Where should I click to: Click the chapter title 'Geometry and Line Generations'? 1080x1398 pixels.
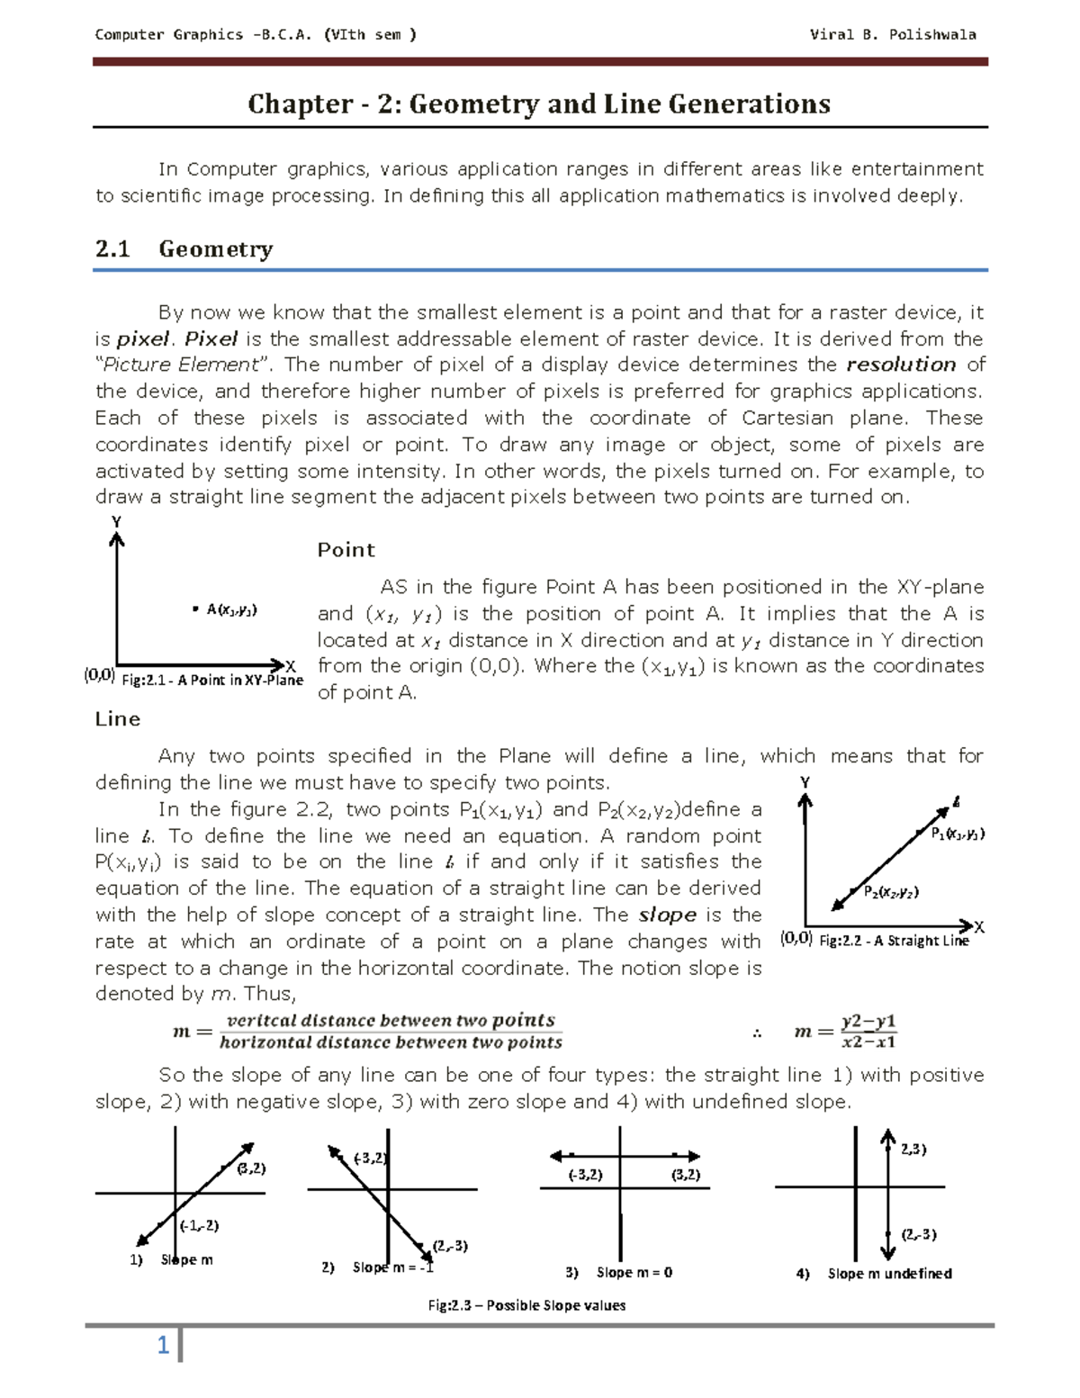pyautogui.click(x=539, y=104)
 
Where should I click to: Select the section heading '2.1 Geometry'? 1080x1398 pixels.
pyautogui.click(x=184, y=248)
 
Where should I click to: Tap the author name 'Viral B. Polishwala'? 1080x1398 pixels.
pyautogui.click(x=892, y=35)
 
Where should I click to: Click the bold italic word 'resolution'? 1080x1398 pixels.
pyautogui.click(x=901, y=365)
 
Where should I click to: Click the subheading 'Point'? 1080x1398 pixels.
pyautogui.click(x=346, y=550)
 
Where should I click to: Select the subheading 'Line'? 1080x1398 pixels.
pyautogui.click(x=118, y=718)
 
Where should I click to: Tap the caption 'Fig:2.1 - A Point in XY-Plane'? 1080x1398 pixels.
pyautogui.click(x=211, y=681)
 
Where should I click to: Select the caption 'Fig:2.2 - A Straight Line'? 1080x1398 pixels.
pyautogui.click(x=894, y=941)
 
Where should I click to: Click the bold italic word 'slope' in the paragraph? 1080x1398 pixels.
pyautogui.click(x=667, y=915)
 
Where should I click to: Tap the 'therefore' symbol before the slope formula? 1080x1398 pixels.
pyautogui.click(x=757, y=1033)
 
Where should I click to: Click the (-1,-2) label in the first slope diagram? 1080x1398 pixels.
pyautogui.click(x=199, y=1225)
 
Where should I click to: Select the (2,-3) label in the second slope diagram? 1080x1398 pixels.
pyautogui.click(x=449, y=1246)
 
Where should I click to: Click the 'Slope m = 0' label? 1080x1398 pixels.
pyautogui.click(x=634, y=1272)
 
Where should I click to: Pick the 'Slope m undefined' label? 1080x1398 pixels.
pyautogui.click(x=889, y=1273)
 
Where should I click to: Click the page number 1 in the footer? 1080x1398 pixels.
pyautogui.click(x=163, y=1346)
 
